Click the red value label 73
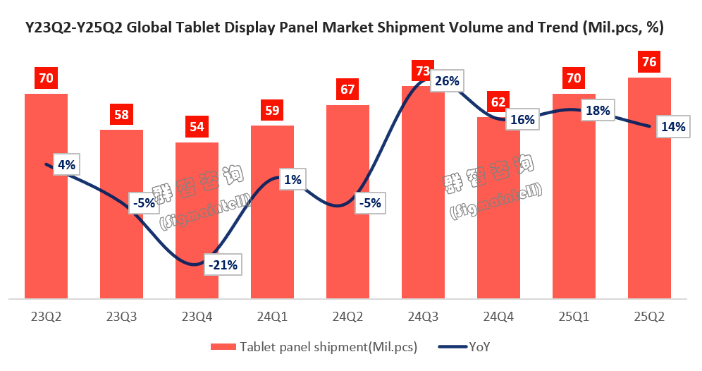click(423, 71)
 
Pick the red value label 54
click(197, 128)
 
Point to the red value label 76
click(649, 62)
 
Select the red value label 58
click(121, 115)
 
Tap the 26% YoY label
click(446, 81)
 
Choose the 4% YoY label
click(66, 165)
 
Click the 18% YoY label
click(597, 111)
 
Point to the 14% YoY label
click(672, 127)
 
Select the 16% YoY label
click(522, 120)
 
